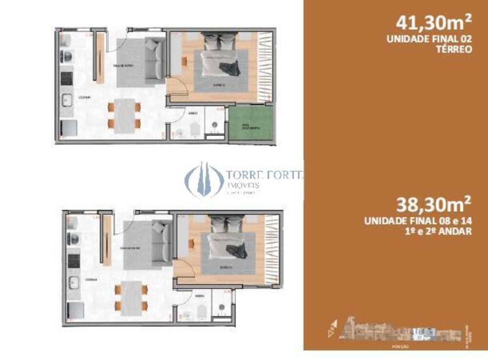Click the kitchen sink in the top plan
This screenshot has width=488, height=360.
pos(67,101)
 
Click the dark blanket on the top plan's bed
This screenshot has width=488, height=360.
pos(229,68)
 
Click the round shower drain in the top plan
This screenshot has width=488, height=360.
pos(215,126)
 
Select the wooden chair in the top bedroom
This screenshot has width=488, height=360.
pos(184,61)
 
